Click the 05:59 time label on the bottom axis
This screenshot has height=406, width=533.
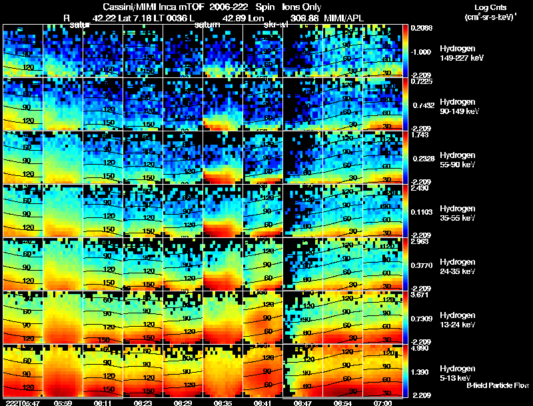(63, 403)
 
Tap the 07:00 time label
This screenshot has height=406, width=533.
(382, 403)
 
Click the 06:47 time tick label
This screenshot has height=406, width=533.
(302, 403)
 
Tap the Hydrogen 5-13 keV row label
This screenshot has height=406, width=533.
(458, 373)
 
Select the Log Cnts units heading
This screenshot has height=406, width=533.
(489, 6)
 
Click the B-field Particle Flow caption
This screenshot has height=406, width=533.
(498, 385)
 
